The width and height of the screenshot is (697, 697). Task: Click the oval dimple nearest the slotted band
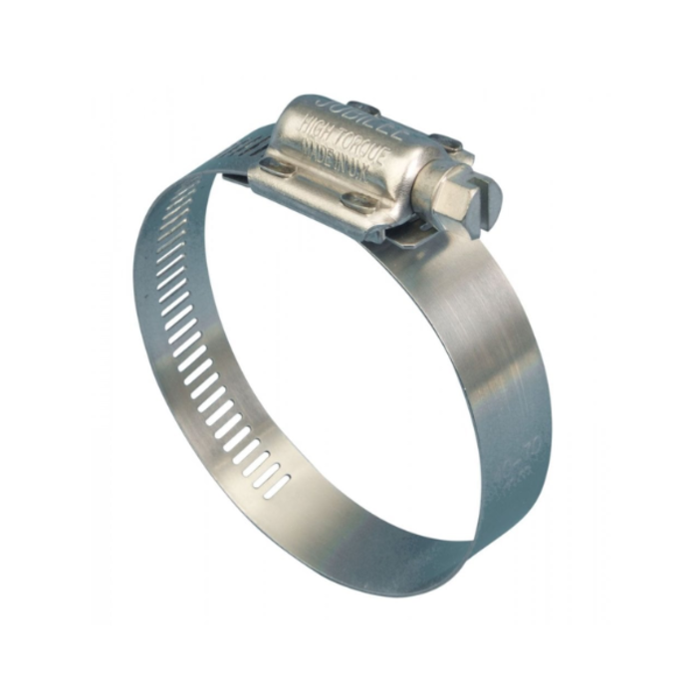(278, 170)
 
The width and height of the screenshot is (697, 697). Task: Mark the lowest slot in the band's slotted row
(279, 485)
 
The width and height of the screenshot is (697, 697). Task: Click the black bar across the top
(348, 28)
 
